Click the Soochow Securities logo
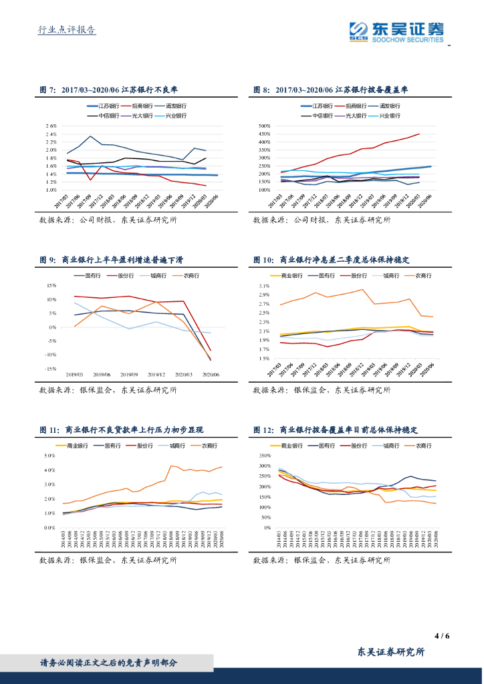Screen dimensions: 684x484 point(397,31)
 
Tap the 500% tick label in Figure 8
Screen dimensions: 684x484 point(264,126)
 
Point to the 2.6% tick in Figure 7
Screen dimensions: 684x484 point(51,126)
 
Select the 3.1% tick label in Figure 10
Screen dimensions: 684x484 point(265,286)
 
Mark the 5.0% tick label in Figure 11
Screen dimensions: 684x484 point(49,456)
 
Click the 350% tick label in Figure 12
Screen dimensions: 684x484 point(264,456)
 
